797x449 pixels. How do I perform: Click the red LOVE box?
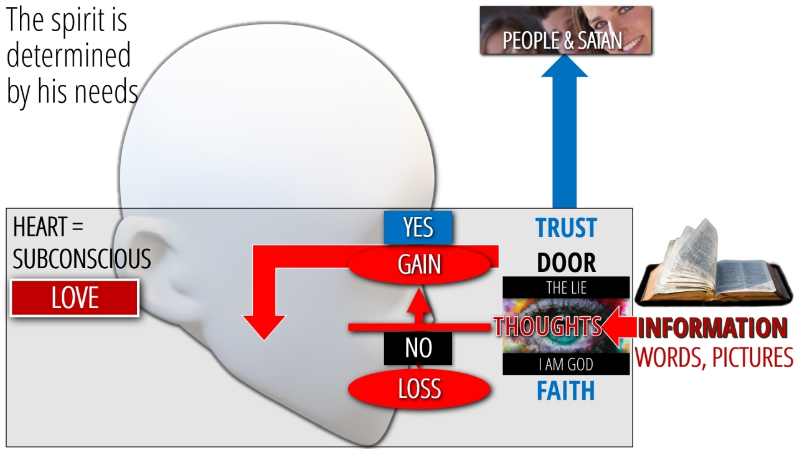[74, 298]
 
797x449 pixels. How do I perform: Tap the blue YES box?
[418, 228]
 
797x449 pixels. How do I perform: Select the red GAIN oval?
[419, 264]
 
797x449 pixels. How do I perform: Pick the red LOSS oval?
[419, 389]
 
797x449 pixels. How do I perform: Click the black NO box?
[418, 348]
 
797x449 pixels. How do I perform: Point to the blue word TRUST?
[566, 228]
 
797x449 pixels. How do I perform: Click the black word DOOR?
[566, 263]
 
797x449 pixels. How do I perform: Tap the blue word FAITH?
[566, 391]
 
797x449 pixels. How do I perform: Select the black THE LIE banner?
[566, 287]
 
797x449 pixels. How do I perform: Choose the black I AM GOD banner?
[566, 364]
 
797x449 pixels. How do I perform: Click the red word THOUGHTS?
[547, 326]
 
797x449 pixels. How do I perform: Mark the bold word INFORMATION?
[712, 327]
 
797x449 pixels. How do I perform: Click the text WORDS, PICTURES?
[714, 357]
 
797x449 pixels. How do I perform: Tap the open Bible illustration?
[713, 264]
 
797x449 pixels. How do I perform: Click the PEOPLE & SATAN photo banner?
[566, 31]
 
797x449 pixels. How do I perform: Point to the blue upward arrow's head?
[564, 65]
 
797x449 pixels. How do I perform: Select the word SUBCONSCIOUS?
[82, 259]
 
